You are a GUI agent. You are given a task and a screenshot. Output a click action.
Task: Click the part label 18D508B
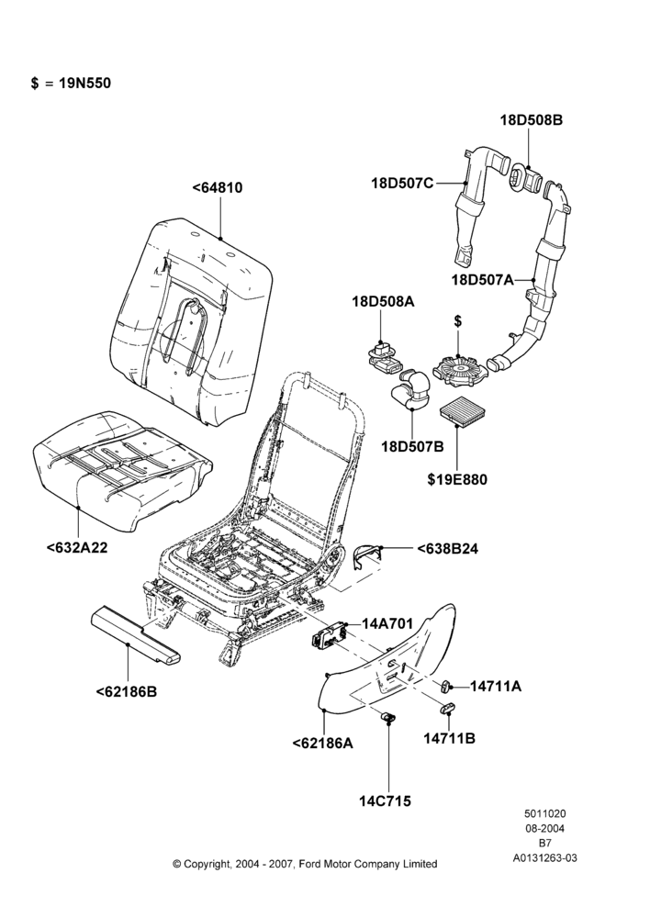click(532, 120)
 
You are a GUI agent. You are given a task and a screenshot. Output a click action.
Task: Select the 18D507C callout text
click(402, 184)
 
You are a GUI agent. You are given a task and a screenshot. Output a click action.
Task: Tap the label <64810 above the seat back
click(218, 188)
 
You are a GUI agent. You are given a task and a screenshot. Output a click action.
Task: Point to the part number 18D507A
click(482, 280)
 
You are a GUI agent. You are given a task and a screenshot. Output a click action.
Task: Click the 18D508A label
click(383, 302)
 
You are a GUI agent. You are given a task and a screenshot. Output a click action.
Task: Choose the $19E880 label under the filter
click(457, 479)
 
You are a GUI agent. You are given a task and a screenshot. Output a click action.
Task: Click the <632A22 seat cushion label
click(77, 548)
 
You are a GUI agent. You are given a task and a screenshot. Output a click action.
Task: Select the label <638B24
click(447, 549)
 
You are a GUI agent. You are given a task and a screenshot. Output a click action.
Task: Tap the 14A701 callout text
click(387, 623)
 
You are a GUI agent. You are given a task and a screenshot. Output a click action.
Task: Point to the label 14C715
click(385, 800)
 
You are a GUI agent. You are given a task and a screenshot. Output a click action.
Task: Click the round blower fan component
click(458, 369)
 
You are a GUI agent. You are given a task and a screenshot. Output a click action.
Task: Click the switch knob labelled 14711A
click(446, 685)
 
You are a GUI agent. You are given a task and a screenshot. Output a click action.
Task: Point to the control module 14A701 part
click(328, 634)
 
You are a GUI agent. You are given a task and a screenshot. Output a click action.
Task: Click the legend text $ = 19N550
click(71, 84)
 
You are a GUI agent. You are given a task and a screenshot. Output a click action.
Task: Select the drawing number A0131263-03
click(544, 858)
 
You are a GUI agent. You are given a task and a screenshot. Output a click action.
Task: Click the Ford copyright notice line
click(305, 864)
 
